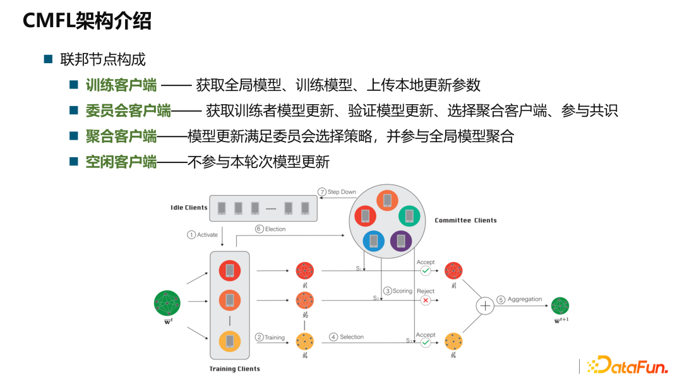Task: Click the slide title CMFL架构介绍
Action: coord(87,21)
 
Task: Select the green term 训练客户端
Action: coord(121,85)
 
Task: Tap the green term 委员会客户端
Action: coord(128,111)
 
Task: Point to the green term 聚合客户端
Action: coord(121,136)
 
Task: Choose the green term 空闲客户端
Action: coord(121,162)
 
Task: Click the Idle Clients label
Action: coord(189,208)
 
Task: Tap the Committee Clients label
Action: coord(465,220)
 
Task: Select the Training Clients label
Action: coord(234,369)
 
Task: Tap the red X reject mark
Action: coord(426,301)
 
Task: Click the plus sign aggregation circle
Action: coord(485,306)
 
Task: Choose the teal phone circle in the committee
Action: coord(409,216)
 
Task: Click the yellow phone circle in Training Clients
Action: coord(229,342)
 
